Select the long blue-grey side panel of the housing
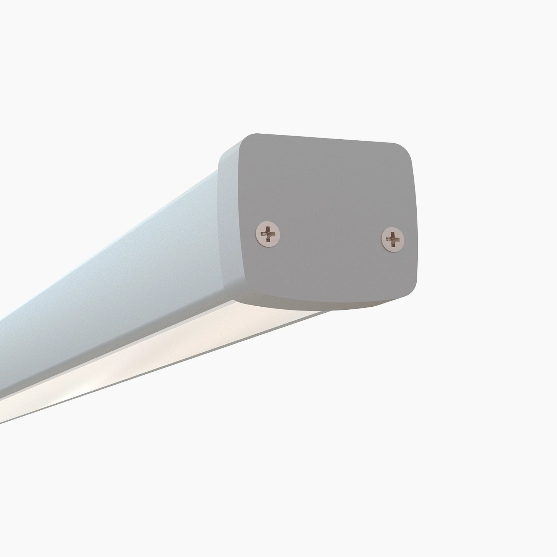point(111,282)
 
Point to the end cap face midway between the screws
point(330,236)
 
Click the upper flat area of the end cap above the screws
point(327,178)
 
